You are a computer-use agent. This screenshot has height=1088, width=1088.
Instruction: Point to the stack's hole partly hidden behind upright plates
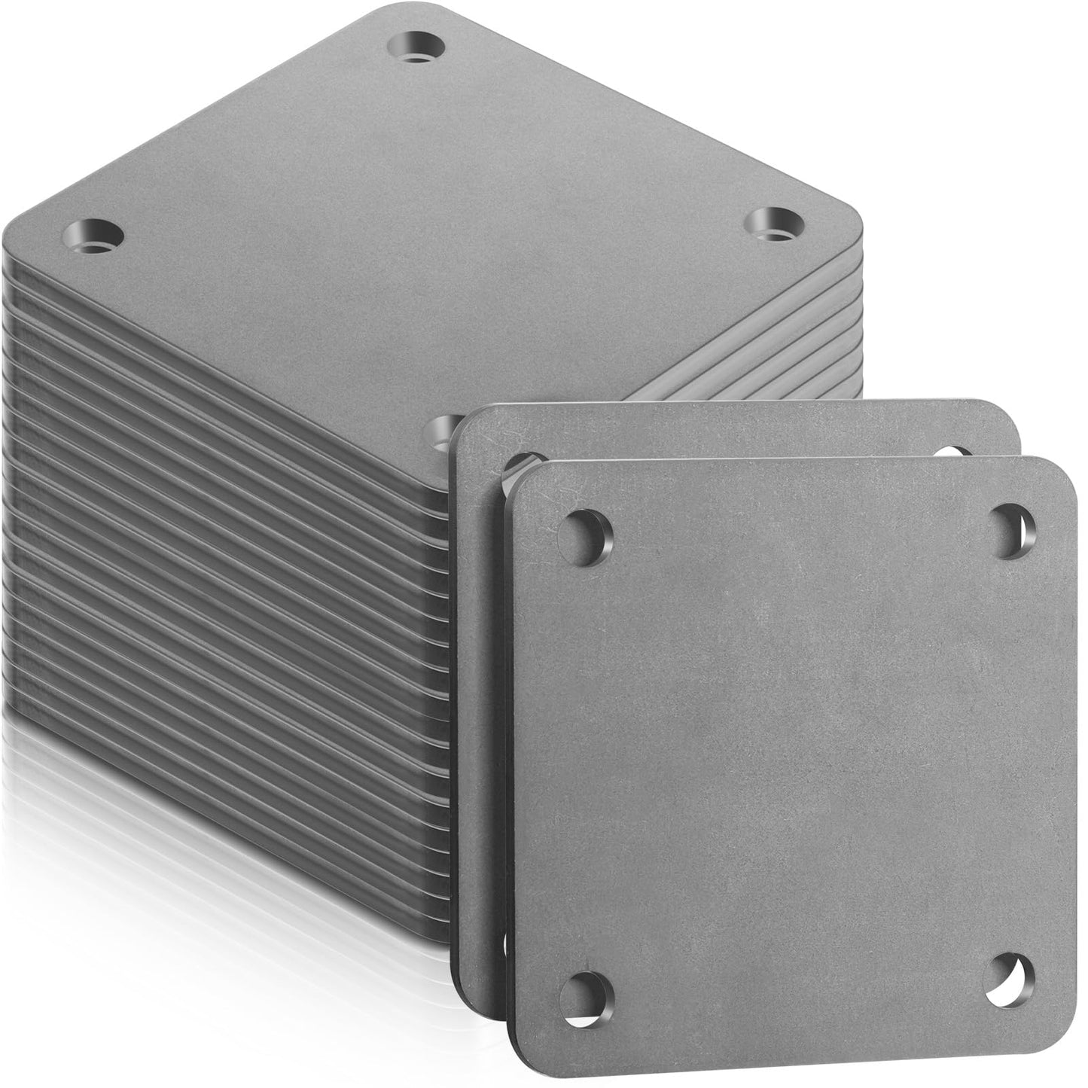tap(437, 429)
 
